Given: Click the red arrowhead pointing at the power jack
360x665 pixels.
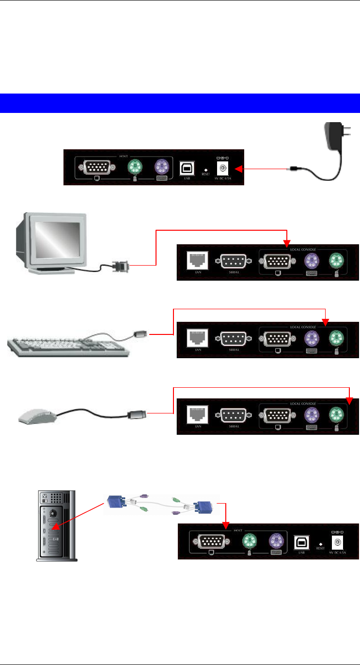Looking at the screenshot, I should tap(239, 169).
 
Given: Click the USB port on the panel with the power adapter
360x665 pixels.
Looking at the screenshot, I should tap(186, 168).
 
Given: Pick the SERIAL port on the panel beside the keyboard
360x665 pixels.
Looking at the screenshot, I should tap(235, 337).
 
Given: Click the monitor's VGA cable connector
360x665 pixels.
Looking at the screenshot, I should tap(120, 266).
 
